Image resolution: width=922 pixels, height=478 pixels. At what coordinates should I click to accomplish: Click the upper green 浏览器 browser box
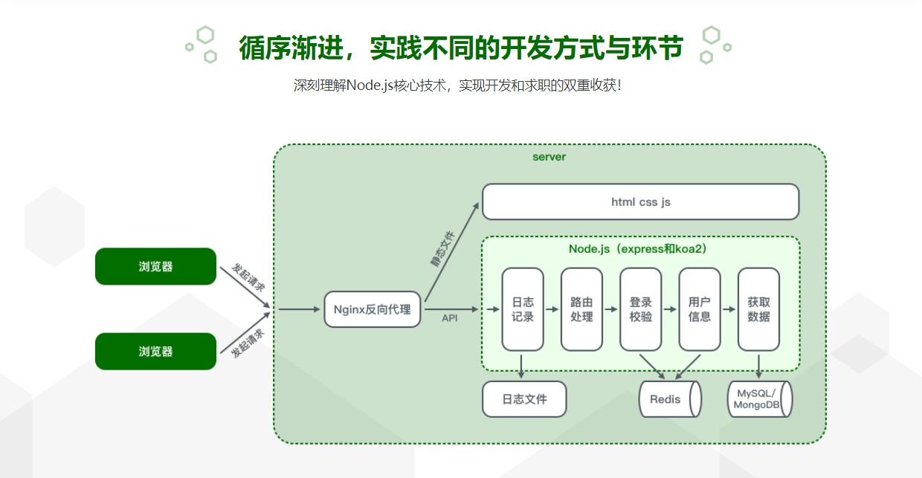(155, 266)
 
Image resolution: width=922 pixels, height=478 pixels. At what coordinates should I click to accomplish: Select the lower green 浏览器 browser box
(155, 352)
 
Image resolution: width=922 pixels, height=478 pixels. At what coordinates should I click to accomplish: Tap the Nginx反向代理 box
(372, 309)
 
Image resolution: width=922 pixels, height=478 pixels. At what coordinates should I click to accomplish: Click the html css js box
(640, 201)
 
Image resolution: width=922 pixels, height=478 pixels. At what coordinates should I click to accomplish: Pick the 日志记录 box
(522, 309)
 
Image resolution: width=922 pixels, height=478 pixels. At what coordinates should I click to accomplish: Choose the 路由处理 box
(581, 309)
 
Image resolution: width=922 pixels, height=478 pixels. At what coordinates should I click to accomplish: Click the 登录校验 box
(640, 309)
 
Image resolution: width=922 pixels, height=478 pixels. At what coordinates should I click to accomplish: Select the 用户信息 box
(699, 309)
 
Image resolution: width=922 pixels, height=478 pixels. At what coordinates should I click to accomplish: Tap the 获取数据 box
(758, 309)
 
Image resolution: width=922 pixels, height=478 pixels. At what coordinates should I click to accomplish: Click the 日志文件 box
(524, 399)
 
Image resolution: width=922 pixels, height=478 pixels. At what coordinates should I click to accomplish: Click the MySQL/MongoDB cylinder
(758, 399)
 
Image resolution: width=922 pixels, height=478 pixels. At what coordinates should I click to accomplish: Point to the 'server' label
(549, 157)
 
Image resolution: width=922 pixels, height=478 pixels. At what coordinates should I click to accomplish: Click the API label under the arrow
(450, 318)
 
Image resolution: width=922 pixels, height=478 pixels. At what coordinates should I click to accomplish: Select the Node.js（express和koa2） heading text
(637, 248)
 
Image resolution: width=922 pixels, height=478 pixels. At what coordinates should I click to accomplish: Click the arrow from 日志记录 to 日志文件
(522, 365)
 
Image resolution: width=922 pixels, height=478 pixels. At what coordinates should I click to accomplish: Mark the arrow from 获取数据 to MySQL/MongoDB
(758, 365)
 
